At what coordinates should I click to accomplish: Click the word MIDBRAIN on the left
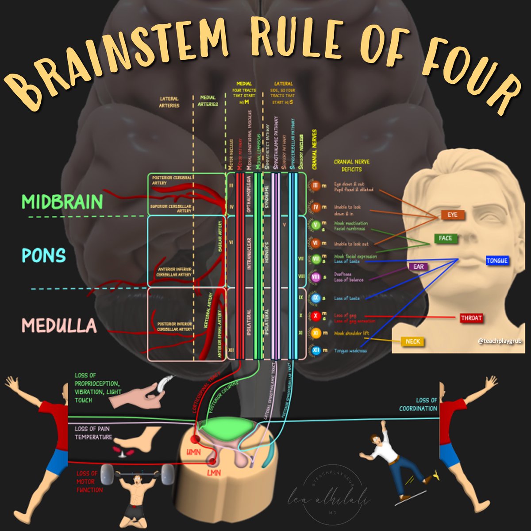click(x=62, y=202)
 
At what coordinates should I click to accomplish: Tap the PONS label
click(x=44, y=256)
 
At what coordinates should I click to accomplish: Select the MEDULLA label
click(x=59, y=326)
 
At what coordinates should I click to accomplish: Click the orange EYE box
click(x=452, y=215)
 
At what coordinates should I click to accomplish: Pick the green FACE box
click(x=445, y=238)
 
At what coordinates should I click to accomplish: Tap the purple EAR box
click(x=419, y=267)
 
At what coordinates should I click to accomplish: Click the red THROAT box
click(x=471, y=318)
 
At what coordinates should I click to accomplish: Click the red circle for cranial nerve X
click(x=316, y=316)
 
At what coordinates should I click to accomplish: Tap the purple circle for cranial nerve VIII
click(x=316, y=277)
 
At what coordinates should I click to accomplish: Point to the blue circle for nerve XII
click(x=316, y=351)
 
